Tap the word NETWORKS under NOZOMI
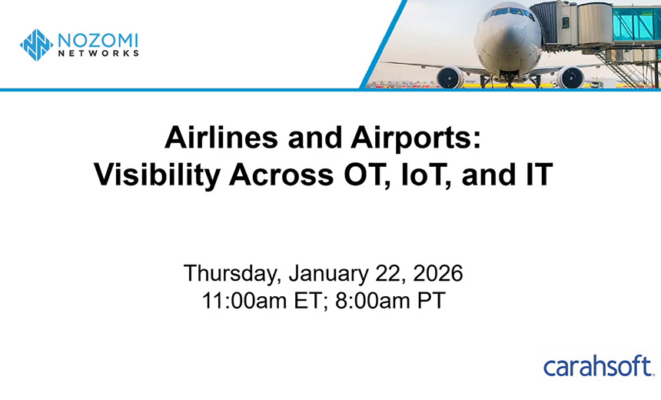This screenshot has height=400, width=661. pos(97,54)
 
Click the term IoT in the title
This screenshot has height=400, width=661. pos(414,176)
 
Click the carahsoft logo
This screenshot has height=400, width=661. pos(597,366)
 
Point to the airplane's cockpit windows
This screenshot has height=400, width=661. pos(508,13)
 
